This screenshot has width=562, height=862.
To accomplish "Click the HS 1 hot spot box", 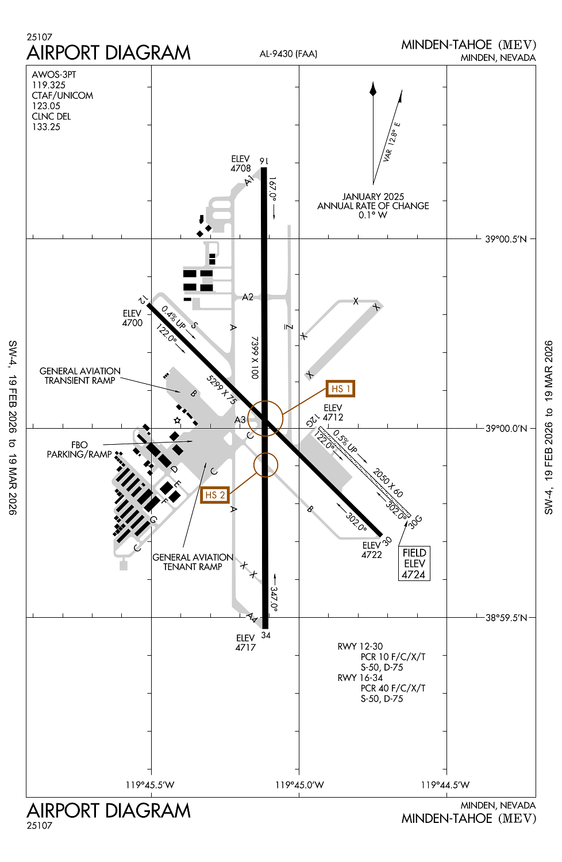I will (x=340, y=389).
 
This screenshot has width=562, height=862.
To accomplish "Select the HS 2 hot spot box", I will (x=215, y=495).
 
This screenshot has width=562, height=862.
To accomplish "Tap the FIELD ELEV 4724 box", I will (x=414, y=563).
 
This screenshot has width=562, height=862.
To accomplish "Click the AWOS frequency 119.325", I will (x=49, y=85).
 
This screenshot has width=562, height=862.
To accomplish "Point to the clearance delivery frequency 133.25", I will (x=46, y=127).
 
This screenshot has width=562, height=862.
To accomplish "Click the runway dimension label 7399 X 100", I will (x=255, y=357).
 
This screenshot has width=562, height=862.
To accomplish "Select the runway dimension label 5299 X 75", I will (x=221, y=390).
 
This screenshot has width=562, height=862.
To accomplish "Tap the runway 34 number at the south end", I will (x=265, y=635).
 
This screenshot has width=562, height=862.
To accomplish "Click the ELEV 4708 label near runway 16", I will (x=241, y=164).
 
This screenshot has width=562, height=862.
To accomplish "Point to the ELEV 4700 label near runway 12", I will (x=132, y=318).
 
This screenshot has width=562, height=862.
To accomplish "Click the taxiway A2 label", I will (x=248, y=297).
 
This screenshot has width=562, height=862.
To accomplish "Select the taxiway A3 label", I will (x=240, y=420).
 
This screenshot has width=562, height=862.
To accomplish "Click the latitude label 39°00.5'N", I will (x=506, y=239).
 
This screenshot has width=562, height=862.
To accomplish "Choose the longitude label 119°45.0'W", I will (x=299, y=785).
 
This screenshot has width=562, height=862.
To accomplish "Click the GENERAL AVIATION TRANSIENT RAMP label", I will (x=80, y=376).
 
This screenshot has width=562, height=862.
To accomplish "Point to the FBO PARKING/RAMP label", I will (x=79, y=449).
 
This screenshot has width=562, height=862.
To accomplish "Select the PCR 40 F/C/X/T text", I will (x=393, y=688).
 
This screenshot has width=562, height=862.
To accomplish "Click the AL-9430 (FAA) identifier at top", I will (x=288, y=54).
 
